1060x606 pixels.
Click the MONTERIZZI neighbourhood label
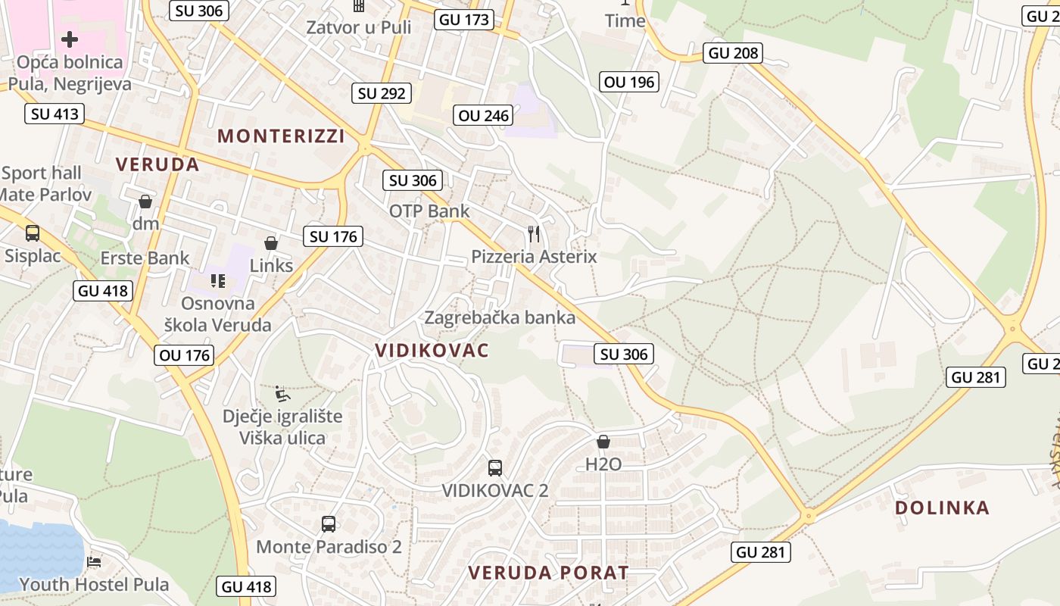point(281,136)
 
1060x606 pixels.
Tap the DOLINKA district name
point(942,508)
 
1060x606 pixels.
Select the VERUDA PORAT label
point(548,573)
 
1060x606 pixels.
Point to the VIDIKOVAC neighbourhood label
point(432,350)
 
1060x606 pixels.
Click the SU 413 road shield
point(54,114)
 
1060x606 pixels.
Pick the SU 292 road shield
point(382,94)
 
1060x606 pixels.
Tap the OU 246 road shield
point(485,115)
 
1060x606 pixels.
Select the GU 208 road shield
point(733,52)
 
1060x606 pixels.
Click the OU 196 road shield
point(629,82)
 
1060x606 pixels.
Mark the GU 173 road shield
point(464,20)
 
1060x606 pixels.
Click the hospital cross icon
point(70,39)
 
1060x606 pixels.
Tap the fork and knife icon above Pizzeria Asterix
point(534,233)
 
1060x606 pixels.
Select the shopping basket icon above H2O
point(603,441)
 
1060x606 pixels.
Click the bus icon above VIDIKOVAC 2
point(494,467)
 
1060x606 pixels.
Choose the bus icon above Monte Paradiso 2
point(329,523)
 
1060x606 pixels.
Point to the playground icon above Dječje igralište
point(282,393)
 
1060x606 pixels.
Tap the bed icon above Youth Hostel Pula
point(94,562)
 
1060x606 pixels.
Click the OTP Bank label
point(429,211)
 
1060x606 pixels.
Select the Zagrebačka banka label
point(500,317)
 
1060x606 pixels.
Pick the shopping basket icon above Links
point(270,243)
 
